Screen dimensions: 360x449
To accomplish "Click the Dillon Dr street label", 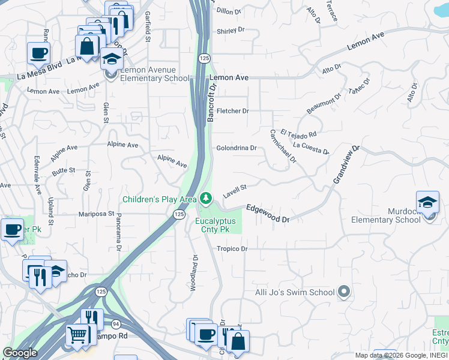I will tap(228, 11).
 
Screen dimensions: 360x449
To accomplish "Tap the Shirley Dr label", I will tap(231, 29).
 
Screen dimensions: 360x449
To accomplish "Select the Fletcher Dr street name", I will tap(232, 111).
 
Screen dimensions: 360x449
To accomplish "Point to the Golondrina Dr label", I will tap(237, 148).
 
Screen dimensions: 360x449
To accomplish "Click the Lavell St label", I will tap(235, 190).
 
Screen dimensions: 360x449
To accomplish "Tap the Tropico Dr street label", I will tap(232, 248).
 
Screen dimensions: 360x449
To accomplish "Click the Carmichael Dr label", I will tap(283, 146).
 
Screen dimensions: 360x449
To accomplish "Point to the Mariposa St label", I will tap(97, 213).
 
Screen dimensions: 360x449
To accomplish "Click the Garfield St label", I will tap(147, 26).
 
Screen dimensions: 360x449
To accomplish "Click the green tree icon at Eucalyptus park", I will tap(206, 197).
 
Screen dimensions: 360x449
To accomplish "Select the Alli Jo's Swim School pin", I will tap(343, 292).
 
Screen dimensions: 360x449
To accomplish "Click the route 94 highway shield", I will tap(114, 324).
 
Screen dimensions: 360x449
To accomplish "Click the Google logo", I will tap(20, 353).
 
